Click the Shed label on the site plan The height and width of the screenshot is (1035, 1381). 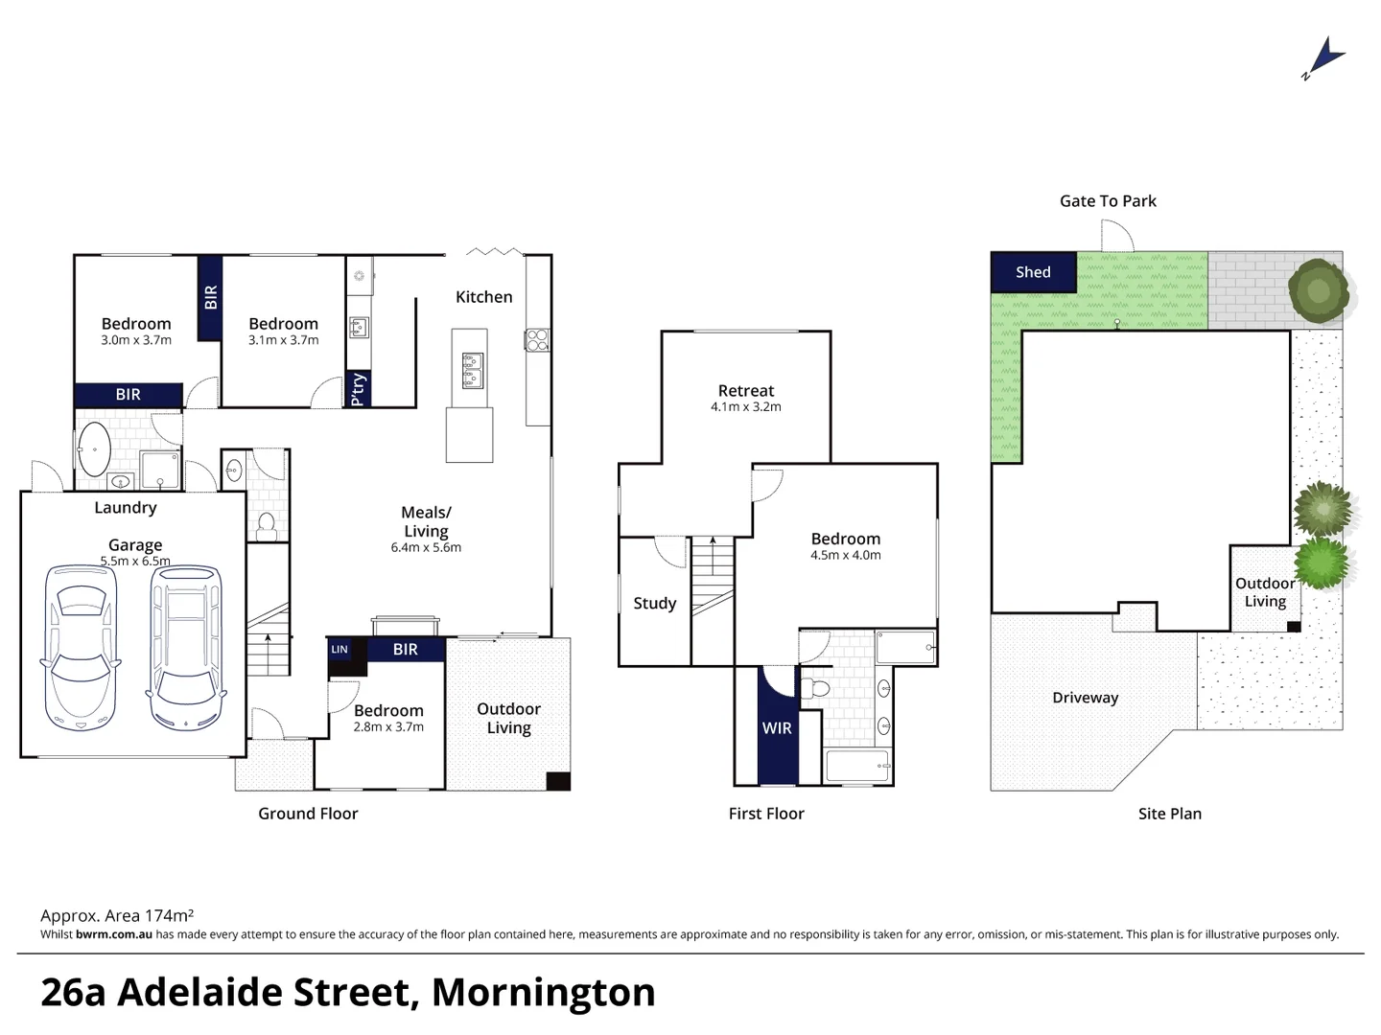pyautogui.click(x=1033, y=272)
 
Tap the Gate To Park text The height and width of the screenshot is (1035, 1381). pyautogui.click(x=1108, y=201)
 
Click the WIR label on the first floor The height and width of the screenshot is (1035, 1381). pyautogui.click(x=777, y=728)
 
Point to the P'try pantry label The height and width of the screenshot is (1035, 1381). pyautogui.click(x=358, y=389)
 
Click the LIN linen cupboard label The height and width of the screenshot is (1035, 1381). pyautogui.click(x=339, y=650)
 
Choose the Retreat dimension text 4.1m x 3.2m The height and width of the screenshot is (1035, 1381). pyautogui.click(x=746, y=407)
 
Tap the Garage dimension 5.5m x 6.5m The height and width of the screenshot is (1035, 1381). pyautogui.click(x=135, y=562)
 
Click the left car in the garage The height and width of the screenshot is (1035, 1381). pyautogui.click(x=81, y=648)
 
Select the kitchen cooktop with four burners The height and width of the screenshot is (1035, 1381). pyautogui.click(x=537, y=338)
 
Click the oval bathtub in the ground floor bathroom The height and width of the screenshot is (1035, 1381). pyautogui.click(x=94, y=449)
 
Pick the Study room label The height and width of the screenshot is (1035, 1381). pyautogui.click(x=655, y=604)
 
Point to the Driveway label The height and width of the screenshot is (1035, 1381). pyautogui.click(x=1085, y=698)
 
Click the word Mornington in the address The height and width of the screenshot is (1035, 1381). pyautogui.click(x=544, y=993)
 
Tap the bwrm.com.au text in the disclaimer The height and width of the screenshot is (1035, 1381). pyautogui.click(x=114, y=934)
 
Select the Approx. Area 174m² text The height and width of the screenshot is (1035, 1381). pyautogui.click(x=117, y=916)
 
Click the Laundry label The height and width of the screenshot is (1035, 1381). pyautogui.click(x=125, y=508)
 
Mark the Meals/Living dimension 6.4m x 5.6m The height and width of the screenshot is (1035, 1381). pyautogui.click(x=426, y=548)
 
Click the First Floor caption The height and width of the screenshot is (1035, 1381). pyautogui.click(x=766, y=814)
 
